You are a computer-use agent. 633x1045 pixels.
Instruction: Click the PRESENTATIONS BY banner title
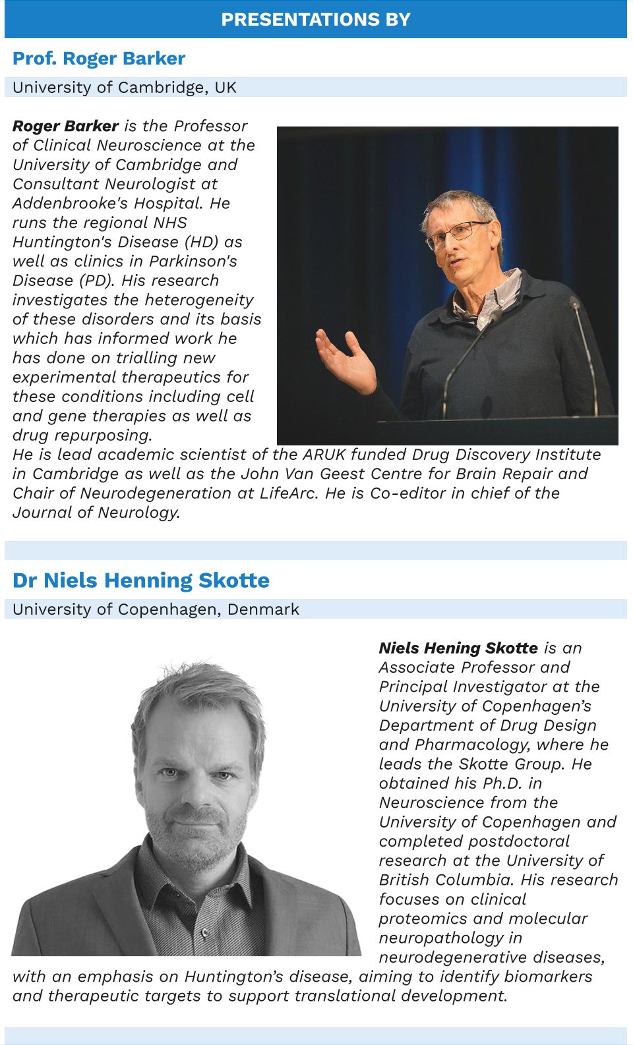[316, 20]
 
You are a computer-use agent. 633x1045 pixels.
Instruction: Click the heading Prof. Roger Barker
[99, 59]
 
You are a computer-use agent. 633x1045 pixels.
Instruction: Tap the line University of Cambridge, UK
[125, 88]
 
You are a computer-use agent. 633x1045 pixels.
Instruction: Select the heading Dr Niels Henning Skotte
[141, 580]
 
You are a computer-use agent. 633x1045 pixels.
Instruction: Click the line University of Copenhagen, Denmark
[156, 609]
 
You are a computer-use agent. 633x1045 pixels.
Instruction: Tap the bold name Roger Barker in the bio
[65, 126]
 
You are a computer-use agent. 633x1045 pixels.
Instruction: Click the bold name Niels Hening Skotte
[458, 648]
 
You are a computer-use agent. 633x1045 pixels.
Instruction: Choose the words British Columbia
[446, 880]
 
